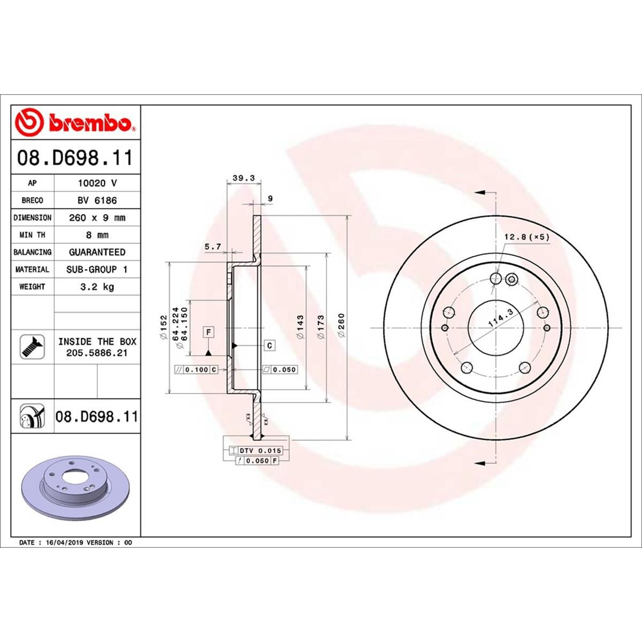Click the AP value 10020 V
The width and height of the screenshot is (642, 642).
(x=97, y=183)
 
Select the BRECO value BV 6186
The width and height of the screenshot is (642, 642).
(x=97, y=200)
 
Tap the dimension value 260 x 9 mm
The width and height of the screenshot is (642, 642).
(x=97, y=218)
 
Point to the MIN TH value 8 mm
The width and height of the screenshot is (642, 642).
(x=97, y=235)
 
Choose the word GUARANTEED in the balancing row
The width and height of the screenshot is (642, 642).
(x=97, y=252)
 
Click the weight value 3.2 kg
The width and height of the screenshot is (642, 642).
(x=97, y=287)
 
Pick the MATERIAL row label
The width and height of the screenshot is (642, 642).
(x=32, y=270)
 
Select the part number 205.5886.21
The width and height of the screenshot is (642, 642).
(x=97, y=353)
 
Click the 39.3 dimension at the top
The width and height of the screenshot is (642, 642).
(x=244, y=179)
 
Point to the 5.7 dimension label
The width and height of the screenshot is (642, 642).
(x=213, y=247)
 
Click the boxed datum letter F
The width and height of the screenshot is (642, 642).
(x=209, y=333)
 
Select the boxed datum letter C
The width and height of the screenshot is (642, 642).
(x=270, y=346)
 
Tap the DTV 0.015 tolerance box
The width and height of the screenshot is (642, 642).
(x=261, y=451)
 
